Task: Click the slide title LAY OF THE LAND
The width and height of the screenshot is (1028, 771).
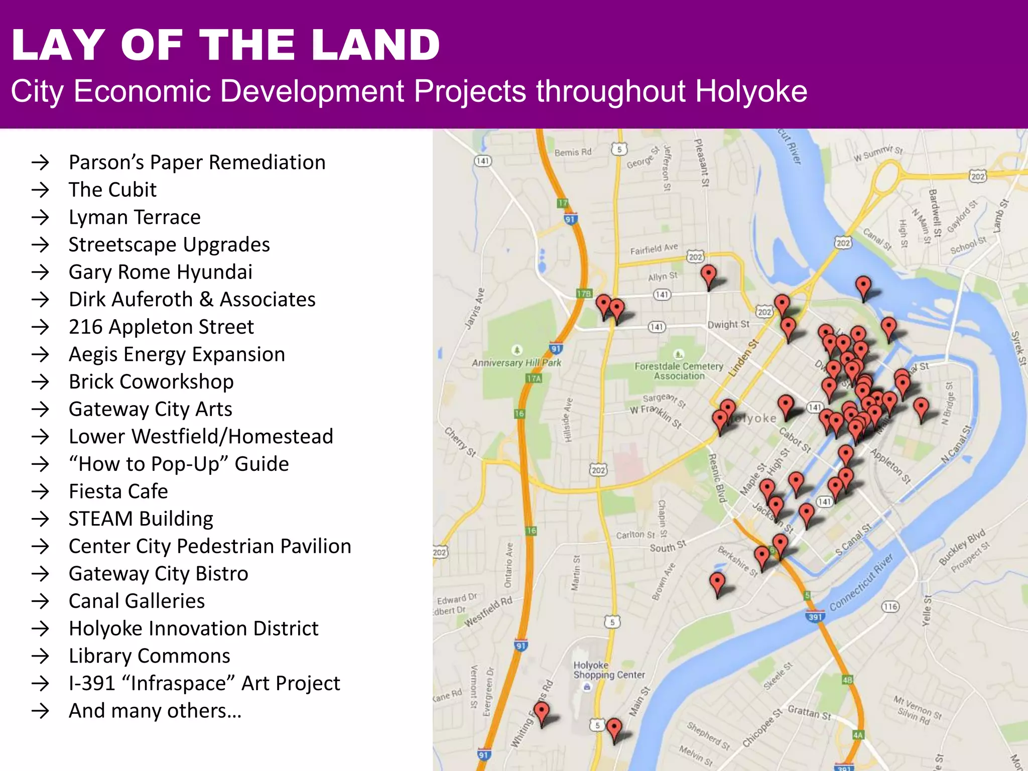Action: (226, 45)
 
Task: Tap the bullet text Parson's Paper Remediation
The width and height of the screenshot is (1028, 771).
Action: (197, 163)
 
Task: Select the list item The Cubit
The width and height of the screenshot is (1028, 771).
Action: (112, 190)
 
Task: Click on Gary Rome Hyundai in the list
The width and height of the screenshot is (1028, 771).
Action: (160, 272)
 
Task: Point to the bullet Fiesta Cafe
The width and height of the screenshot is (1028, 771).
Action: (118, 491)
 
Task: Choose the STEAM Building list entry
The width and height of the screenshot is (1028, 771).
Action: (141, 519)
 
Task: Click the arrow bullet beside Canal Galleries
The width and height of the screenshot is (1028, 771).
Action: (40, 601)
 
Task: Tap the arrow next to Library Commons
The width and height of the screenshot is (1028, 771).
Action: (40, 656)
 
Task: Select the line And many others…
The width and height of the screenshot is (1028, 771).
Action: (155, 711)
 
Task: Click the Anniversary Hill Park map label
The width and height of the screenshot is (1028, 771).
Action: (517, 362)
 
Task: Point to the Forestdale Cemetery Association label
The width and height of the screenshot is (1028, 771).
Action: (679, 371)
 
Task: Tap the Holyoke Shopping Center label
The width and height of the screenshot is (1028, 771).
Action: (608, 670)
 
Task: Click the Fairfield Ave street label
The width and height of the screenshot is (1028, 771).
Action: (654, 248)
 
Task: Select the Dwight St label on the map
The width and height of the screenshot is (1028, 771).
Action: (728, 324)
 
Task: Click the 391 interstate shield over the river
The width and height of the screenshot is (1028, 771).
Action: (815, 617)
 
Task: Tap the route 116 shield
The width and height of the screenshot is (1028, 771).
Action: (890, 607)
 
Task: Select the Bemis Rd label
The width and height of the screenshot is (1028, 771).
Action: (573, 152)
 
